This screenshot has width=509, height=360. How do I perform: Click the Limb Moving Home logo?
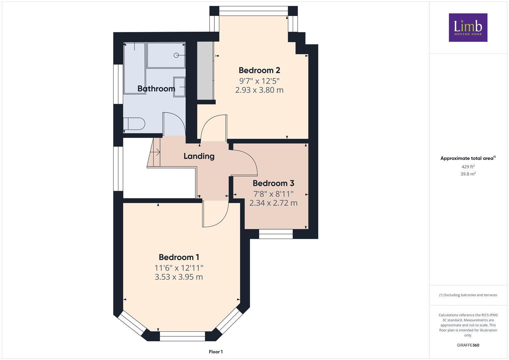coord(468,27)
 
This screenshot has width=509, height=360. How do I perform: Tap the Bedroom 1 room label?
coord(179,257)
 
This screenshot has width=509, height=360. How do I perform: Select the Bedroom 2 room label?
coord(259,70)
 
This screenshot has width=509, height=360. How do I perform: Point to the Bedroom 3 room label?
coord(273,183)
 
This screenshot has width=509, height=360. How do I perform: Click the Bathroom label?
coord(156,89)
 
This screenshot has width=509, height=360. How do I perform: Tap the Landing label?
coord(199,156)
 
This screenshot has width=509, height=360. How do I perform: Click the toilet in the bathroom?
coord(134,124)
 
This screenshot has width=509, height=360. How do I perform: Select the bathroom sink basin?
coord(179,87)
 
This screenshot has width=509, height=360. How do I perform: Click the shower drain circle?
coord(177,55)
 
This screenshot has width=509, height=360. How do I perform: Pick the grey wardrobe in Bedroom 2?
coord(205,71)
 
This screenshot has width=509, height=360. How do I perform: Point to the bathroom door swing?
coord(173,123)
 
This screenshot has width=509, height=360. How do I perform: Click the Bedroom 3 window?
coord(276,234)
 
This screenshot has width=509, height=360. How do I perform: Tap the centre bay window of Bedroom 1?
coord(182,336)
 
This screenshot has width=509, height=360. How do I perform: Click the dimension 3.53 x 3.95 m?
coord(179,277)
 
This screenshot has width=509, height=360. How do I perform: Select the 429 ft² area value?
coord(468,167)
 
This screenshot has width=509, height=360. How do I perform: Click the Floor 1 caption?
coord(216,352)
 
